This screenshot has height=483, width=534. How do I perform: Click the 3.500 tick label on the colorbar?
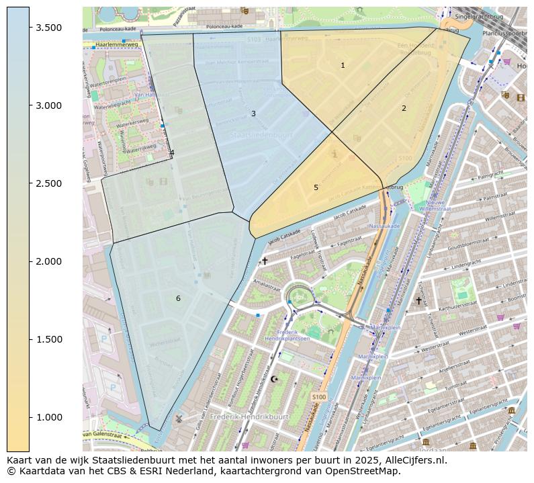[x=49, y=28]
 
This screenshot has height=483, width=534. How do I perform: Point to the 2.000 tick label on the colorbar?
[x=49, y=261]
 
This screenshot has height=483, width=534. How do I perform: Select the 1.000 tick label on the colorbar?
[x=49, y=417]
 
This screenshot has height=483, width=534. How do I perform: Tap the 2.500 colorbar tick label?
[x=49, y=183]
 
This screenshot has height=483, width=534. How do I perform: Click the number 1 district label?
[x=343, y=65]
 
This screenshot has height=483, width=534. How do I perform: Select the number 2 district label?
[x=404, y=108]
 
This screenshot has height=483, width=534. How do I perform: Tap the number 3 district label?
[x=253, y=114]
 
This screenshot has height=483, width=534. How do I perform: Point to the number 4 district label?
[x=172, y=152]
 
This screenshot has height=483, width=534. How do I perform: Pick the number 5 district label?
[x=316, y=187]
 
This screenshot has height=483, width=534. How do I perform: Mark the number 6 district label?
[x=178, y=298]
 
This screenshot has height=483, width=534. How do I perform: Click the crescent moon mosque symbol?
[x=273, y=379]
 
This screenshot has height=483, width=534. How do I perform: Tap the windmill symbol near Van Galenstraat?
[x=179, y=417]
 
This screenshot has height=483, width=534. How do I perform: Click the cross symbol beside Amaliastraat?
[x=265, y=261]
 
